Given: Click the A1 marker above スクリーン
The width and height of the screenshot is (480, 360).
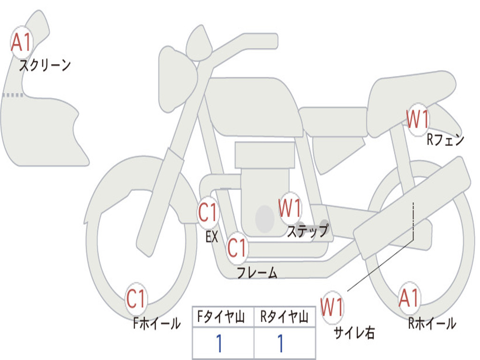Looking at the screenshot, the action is [x=21, y=43].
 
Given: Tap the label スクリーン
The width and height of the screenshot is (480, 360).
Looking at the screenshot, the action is [x=45, y=65].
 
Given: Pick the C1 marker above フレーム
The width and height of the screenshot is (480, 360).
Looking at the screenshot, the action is [x=237, y=247].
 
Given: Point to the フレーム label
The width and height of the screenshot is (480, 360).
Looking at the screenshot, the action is [x=257, y=273].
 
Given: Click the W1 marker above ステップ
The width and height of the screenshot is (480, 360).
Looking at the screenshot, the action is [x=290, y=208].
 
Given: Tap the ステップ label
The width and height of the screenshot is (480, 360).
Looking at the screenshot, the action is [x=308, y=231].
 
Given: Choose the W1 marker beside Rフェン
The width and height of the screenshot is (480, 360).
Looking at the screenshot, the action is [x=418, y=120].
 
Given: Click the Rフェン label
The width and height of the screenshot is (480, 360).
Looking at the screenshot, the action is [x=445, y=140].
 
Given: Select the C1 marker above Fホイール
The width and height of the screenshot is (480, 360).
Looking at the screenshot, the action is [x=136, y=299].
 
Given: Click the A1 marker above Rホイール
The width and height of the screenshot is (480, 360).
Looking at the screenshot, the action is [x=409, y=298].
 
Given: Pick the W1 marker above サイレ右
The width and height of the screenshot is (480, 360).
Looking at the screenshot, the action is [x=332, y=307].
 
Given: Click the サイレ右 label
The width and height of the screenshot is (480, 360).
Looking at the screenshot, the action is [x=354, y=332].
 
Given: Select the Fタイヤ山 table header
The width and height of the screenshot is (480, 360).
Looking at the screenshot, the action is [x=223, y=318].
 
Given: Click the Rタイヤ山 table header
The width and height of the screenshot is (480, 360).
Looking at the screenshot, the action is [x=285, y=318].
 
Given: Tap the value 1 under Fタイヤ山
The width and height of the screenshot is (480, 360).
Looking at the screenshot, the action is [x=219, y=344].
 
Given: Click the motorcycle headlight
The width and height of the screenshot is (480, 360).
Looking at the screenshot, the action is [x=177, y=79].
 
